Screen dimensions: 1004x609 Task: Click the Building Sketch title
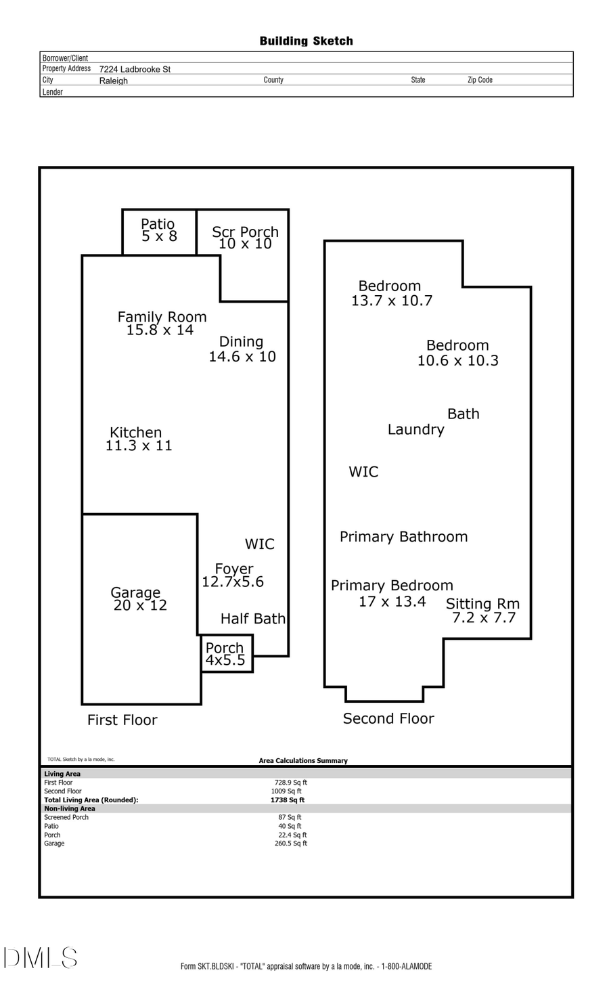306,41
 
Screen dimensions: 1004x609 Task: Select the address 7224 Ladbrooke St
135,69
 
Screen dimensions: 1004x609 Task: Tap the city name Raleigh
113,81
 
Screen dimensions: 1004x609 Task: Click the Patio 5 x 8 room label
158,230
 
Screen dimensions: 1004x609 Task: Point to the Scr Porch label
245,232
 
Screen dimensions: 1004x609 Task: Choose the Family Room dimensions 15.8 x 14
160,330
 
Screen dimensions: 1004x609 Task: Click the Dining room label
242,342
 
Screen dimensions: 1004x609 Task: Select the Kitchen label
136,433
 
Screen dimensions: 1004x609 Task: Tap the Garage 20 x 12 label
139,599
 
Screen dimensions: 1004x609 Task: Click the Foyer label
234,569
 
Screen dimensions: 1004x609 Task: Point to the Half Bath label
252,619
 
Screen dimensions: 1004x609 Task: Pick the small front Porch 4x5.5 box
227,654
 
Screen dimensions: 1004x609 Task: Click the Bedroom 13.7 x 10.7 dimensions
391,301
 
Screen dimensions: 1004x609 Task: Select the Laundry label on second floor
415,430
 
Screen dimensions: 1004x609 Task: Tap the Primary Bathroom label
403,537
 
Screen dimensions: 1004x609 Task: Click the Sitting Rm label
482,604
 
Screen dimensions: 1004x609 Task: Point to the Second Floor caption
388,719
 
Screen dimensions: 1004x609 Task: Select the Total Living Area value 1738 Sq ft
288,800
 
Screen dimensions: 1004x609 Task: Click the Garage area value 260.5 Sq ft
291,844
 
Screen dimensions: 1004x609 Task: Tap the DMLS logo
41,958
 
